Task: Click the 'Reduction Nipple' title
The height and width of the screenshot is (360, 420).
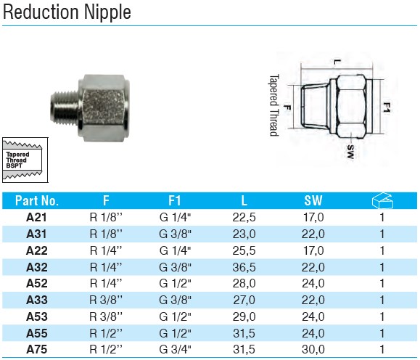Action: [67, 12]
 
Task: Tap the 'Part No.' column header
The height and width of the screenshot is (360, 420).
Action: [37, 200]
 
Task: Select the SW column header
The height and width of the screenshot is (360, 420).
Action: [313, 200]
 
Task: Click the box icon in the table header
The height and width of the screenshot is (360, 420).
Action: [382, 200]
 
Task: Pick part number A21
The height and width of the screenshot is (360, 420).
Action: [36, 218]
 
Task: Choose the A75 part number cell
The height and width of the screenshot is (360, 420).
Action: [37, 350]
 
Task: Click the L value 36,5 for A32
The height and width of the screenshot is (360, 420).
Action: [244, 267]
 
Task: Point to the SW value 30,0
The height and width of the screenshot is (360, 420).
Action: [313, 350]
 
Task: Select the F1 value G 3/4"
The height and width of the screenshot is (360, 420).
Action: [175, 350]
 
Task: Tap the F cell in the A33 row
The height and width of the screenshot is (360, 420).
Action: [106, 300]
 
